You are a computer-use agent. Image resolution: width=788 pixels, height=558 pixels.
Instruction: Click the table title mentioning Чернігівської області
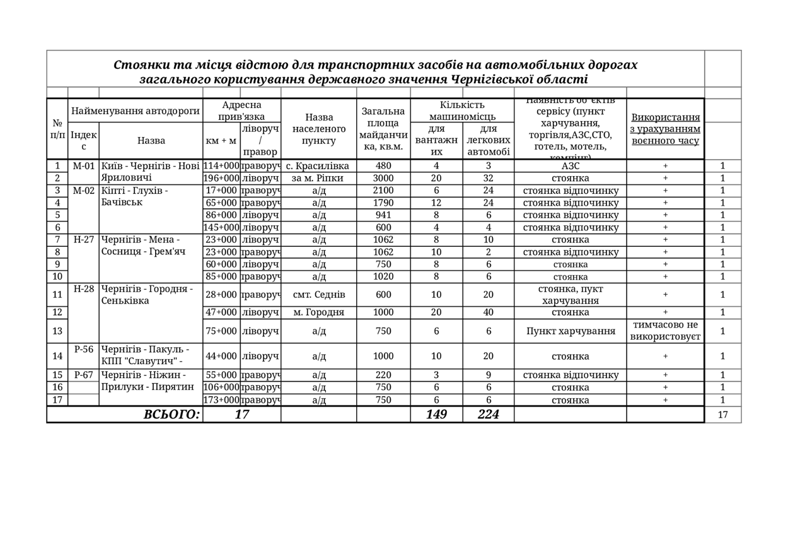coord(375,72)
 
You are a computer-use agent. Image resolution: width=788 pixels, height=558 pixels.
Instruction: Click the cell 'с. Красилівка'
coord(318,166)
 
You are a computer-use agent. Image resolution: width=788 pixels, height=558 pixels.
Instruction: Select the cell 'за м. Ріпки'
coord(318,179)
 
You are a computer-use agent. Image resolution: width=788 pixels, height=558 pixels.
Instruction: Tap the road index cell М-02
coord(83,191)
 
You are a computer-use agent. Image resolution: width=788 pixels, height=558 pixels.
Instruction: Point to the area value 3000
coord(383,179)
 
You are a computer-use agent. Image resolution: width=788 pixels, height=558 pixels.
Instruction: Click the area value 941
coord(383,215)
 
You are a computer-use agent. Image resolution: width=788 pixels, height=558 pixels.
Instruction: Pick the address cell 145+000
coord(221,227)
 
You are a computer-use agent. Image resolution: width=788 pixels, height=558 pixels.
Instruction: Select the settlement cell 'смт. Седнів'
coord(319,295)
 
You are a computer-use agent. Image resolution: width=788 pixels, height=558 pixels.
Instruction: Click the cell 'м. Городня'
coord(319,312)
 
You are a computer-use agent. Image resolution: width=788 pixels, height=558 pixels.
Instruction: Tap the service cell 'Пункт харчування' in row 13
coord(571,331)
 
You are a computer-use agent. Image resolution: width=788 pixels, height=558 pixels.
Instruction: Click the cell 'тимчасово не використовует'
coord(665,331)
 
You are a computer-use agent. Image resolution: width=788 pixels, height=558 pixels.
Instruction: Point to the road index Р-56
coord(83,349)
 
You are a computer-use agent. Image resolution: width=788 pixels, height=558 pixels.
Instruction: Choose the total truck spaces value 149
coord(436,414)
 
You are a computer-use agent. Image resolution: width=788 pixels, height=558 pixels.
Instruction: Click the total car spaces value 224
coord(489,414)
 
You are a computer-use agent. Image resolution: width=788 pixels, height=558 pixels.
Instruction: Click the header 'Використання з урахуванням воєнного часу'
coord(665,129)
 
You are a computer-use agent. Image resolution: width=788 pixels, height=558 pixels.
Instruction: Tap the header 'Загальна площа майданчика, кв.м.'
coord(383,129)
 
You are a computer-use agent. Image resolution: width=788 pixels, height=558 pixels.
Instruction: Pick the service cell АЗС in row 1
coord(571,166)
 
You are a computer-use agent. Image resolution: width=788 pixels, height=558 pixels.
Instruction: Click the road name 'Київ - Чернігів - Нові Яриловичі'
coord(150,172)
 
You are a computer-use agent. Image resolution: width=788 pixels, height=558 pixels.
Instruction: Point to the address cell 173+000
coord(221,400)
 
